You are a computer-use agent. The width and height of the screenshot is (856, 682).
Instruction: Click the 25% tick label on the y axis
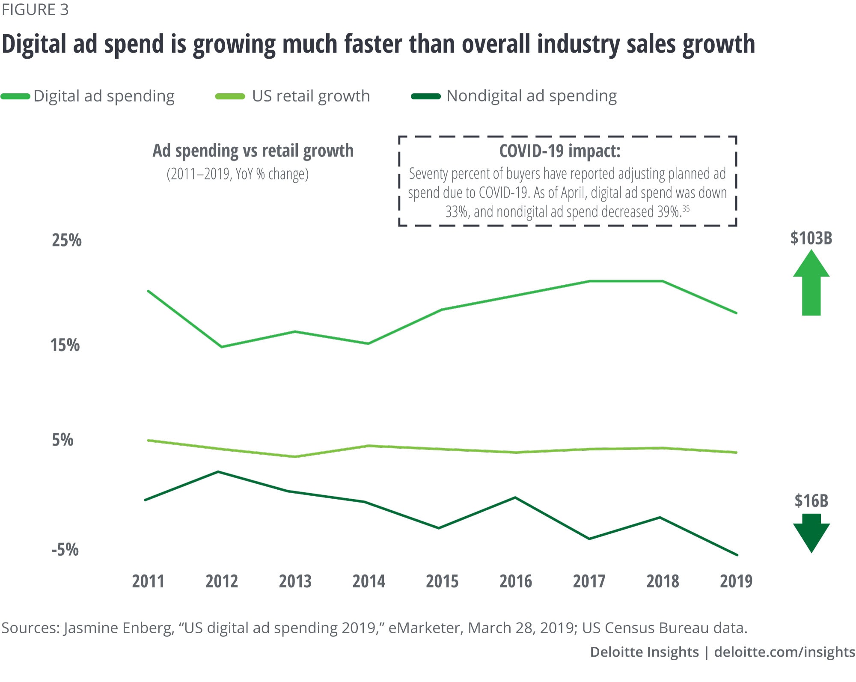coord(67,241)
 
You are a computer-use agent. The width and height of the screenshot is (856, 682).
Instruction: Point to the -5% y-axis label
coord(65,549)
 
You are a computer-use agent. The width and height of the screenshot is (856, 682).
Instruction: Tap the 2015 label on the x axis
coord(442,581)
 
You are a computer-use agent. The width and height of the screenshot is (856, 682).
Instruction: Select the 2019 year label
coord(736,581)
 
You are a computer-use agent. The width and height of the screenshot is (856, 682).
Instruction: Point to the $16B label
coord(811,501)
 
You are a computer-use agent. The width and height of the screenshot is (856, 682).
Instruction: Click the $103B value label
coord(811,238)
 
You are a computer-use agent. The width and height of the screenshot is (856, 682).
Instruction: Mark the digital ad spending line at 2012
coord(222,346)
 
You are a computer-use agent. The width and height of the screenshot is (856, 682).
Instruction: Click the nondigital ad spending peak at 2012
coord(218,472)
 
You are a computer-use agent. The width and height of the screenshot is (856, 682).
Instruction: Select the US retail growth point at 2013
coord(295,456)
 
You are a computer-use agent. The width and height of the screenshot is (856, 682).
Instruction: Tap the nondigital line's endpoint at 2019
coord(737,555)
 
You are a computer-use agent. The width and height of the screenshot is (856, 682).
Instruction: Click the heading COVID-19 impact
coord(560,151)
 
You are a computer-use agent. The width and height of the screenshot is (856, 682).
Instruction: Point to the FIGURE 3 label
coord(35,10)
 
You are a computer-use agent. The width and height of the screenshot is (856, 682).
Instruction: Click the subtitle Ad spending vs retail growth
coord(253,151)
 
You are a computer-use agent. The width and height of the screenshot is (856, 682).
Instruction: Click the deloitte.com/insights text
coord(784,652)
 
